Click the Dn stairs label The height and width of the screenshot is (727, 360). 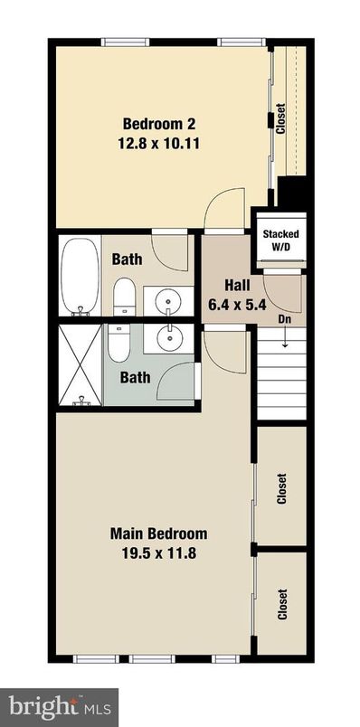pos(283,319)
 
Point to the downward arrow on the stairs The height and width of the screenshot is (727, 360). pos(283,340)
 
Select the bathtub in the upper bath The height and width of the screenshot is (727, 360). pos(81,276)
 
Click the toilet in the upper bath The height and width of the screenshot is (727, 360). pos(125,296)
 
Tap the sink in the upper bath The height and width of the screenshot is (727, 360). pos(167,299)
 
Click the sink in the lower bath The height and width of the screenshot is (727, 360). pos(167,338)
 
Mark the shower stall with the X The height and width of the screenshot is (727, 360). pos(81,366)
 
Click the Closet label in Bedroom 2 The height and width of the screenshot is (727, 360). pos(281,118)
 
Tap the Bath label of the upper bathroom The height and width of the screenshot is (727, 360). pos(127,260)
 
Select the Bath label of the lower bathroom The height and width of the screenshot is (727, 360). pos(137,375)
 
